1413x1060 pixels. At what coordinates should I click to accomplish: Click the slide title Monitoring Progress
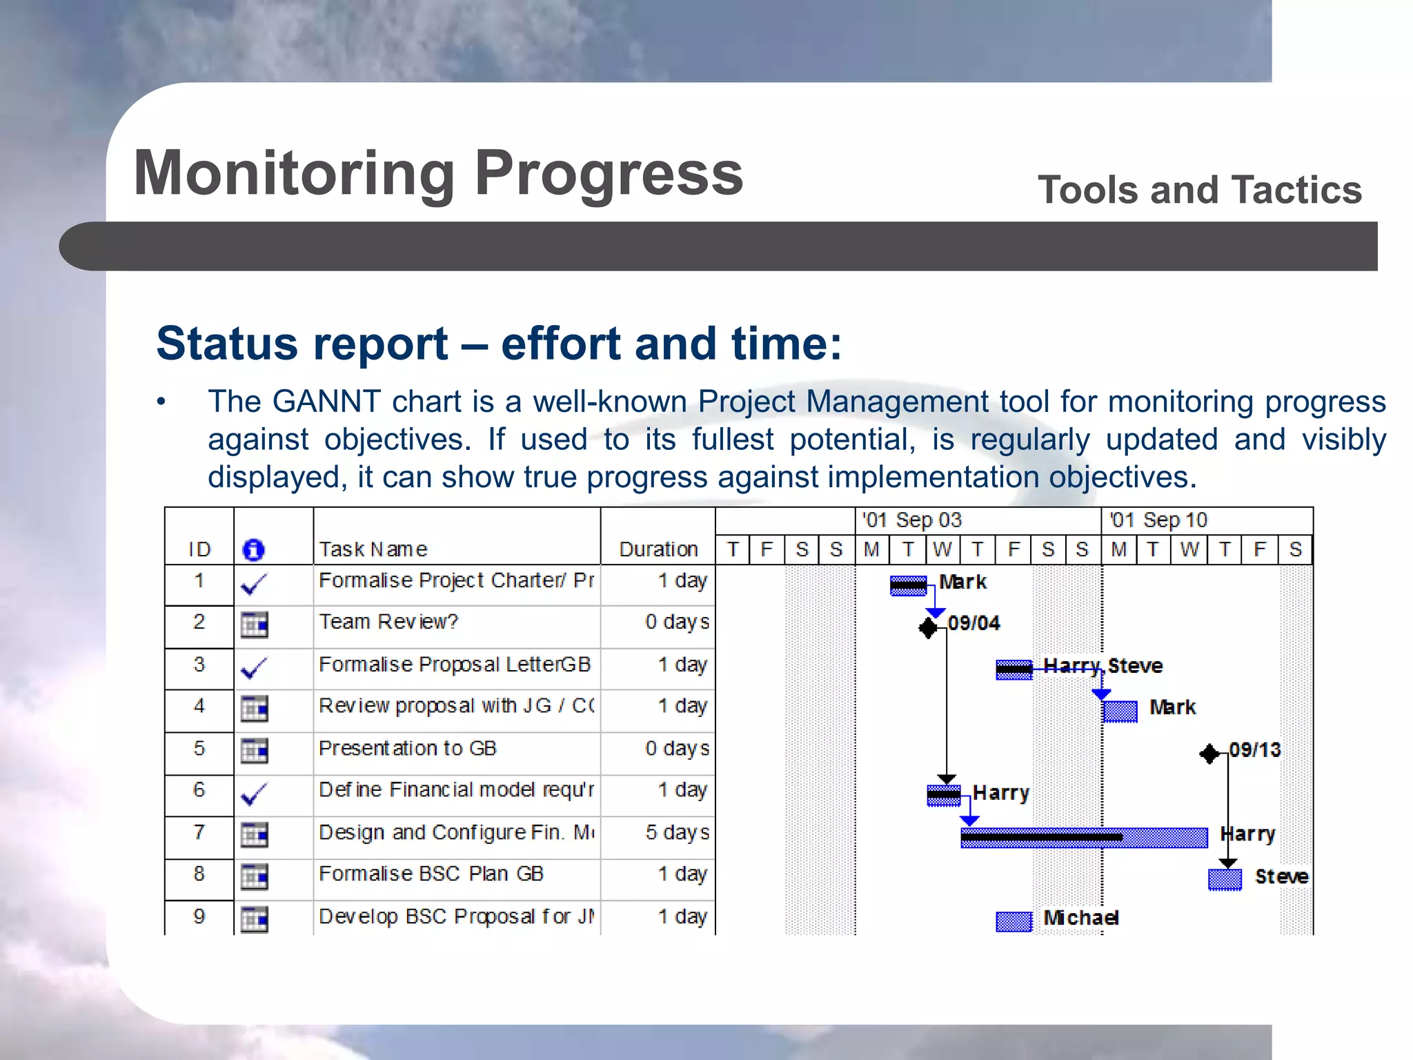tap(438, 174)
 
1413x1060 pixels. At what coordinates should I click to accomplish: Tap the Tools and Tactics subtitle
tap(1199, 190)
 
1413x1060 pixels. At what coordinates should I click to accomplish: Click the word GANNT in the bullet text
tap(326, 402)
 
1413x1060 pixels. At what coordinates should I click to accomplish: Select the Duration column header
tap(658, 549)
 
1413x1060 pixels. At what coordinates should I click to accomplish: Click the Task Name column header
tap(373, 549)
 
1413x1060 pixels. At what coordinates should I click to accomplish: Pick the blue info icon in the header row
tap(253, 550)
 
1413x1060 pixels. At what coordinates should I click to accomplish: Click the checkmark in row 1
tap(254, 585)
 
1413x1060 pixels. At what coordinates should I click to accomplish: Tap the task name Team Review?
tap(388, 622)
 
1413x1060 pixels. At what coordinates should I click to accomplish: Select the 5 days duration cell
tap(677, 832)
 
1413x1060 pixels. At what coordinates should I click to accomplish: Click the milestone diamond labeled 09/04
tap(929, 627)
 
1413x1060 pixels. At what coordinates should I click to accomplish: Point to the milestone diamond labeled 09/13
tap(1209, 754)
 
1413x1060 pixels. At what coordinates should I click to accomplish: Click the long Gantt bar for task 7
tap(1083, 837)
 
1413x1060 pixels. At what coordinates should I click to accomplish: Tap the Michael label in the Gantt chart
tap(1080, 918)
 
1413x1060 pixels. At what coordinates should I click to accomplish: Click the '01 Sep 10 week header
tap(1159, 520)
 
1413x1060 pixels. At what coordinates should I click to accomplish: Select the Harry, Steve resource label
tap(1103, 666)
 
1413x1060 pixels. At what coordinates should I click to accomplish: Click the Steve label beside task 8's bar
tap(1281, 876)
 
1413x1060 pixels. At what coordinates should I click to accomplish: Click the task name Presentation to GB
tap(407, 749)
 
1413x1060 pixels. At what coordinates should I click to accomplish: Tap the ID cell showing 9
tap(199, 916)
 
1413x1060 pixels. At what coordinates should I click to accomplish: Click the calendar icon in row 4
tap(254, 709)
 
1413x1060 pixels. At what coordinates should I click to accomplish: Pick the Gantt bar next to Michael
tap(1014, 921)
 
